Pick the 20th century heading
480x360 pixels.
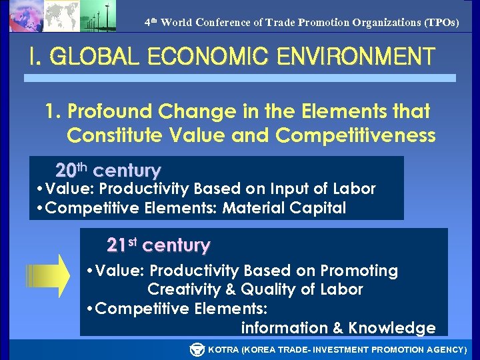pyautogui.click(x=108, y=169)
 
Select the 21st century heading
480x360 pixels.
pyautogui.click(x=159, y=245)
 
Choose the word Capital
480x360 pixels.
pyautogui.click(x=318, y=208)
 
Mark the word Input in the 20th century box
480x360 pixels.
pyautogui.click(x=271, y=189)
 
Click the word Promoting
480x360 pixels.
pyautogui.click(x=359, y=271)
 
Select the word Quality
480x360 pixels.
pyautogui.click(x=266, y=289)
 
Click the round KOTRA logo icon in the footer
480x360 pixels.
pyautogui.click(x=197, y=349)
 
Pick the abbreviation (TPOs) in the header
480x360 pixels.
pyautogui.click(x=442, y=22)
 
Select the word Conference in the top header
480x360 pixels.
pyautogui.click(x=222, y=22)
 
